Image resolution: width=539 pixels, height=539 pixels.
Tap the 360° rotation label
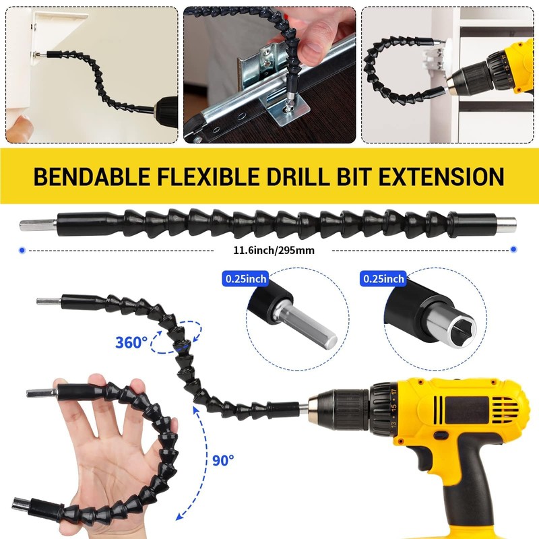131,342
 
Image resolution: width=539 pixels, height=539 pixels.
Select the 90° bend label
222,460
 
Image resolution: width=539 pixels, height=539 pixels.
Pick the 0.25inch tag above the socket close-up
384,278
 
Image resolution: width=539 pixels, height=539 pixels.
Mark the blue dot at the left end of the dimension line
23,249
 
